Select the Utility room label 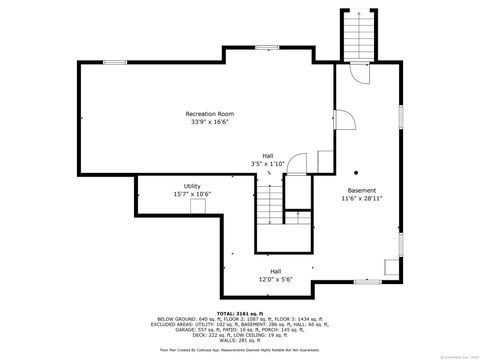[192, 186]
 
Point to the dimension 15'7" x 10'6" [192, 194]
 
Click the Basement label [362, 190]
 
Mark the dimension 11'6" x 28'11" [362, 198]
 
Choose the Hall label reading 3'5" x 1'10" [268, 156]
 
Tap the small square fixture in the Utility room [198, 205]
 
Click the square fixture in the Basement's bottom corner [389, 266]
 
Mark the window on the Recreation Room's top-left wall [115, 63]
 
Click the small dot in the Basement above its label [355, 169]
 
